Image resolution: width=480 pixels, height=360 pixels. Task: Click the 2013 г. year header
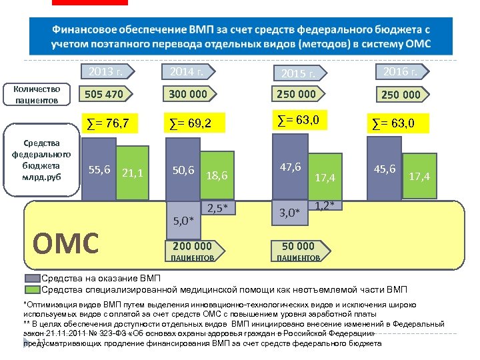[107, 71]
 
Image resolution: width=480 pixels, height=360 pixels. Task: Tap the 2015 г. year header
[298, 71]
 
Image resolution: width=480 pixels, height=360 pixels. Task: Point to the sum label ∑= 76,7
[113, 123]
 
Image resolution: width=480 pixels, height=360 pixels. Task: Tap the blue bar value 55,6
[99, 171]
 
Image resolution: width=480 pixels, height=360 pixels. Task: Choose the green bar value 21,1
[133, 173]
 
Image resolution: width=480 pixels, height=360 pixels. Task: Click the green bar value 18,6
[217, 176]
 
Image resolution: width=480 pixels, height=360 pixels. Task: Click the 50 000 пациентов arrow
[298, 250]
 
